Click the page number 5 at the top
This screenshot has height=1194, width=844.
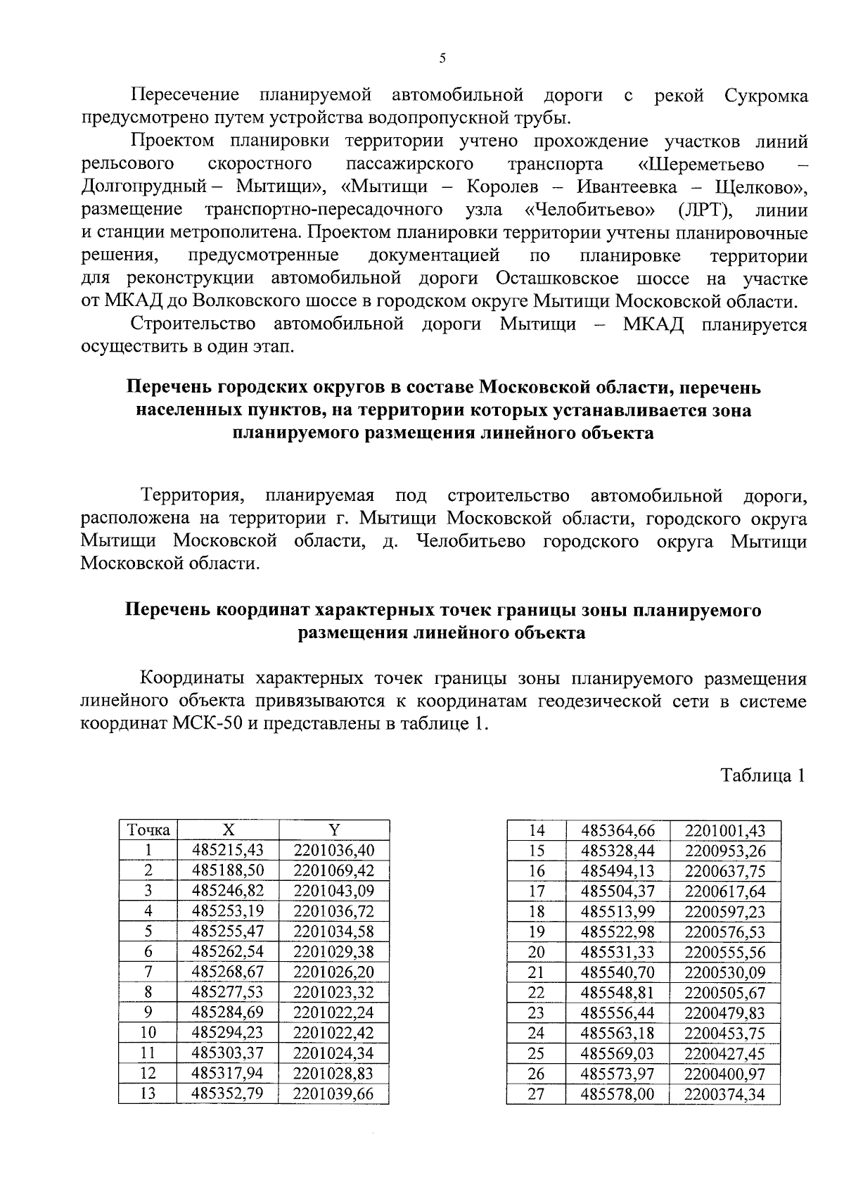click(442, 59)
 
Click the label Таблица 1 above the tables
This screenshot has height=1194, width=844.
click(762, 776)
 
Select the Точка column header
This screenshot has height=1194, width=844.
click(148, 830)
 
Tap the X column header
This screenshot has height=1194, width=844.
click(228, 830)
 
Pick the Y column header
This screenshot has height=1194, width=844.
click(334, 830)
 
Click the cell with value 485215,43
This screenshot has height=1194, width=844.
click(228, 850)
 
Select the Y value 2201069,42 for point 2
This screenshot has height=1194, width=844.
click(334, 870)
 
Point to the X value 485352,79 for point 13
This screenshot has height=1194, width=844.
click(228, 1094)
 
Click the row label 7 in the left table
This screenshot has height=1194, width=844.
click(148, 972)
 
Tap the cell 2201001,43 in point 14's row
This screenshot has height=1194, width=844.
click(724, 830)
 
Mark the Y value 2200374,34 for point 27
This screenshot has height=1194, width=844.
click(724, 1094)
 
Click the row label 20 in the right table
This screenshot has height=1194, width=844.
click(536, 952)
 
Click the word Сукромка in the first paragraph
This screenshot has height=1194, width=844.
click(765, 96)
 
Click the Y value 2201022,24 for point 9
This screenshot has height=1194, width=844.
click(334, 1012)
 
